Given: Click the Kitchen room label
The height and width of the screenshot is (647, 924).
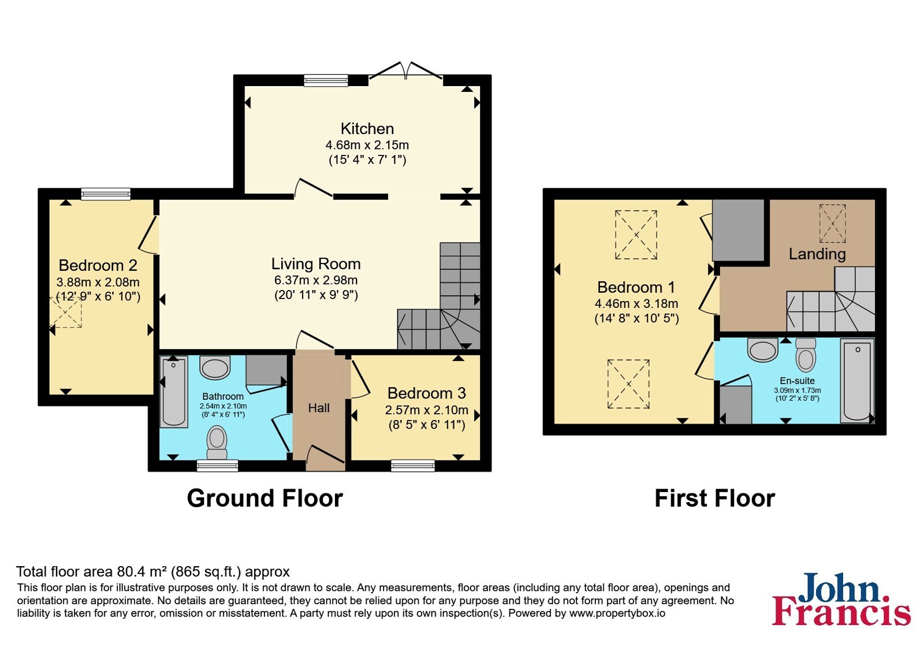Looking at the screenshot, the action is pos(367,129).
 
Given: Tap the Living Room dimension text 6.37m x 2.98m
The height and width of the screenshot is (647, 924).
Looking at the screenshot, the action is pos(316,280).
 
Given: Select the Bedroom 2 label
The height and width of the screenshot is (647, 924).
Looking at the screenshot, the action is pos(98,265).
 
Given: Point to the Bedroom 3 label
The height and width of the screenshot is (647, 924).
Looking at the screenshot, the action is pos(427,393).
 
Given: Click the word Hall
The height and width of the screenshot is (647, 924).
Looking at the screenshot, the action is pos(319,408).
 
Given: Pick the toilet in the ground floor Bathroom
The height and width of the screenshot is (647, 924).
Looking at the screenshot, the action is pos(217,443).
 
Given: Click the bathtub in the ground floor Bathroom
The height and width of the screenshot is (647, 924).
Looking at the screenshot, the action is pos(174,392).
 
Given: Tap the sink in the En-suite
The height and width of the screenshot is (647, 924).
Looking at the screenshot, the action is pos(763,350).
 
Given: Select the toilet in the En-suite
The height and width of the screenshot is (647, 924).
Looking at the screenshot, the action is pos(806,355).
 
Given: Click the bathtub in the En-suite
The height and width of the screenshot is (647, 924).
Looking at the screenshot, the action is pos(857,381).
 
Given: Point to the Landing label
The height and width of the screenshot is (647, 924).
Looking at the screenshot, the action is pos(817,254).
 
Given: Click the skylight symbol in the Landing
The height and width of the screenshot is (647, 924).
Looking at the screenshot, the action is pos(832,224).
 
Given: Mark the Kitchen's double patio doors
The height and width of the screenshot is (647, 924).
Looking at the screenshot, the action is pos(406,71).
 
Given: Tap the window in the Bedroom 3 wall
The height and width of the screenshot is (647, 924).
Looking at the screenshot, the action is pos(413,466).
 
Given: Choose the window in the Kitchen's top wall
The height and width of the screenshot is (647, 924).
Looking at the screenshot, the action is pos(326,80).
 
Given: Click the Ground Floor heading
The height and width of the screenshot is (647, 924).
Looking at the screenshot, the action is pos(265,498).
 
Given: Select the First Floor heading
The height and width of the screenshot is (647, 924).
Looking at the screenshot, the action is pos(715,498).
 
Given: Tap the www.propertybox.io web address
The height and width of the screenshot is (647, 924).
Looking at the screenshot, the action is pos(617,613).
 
